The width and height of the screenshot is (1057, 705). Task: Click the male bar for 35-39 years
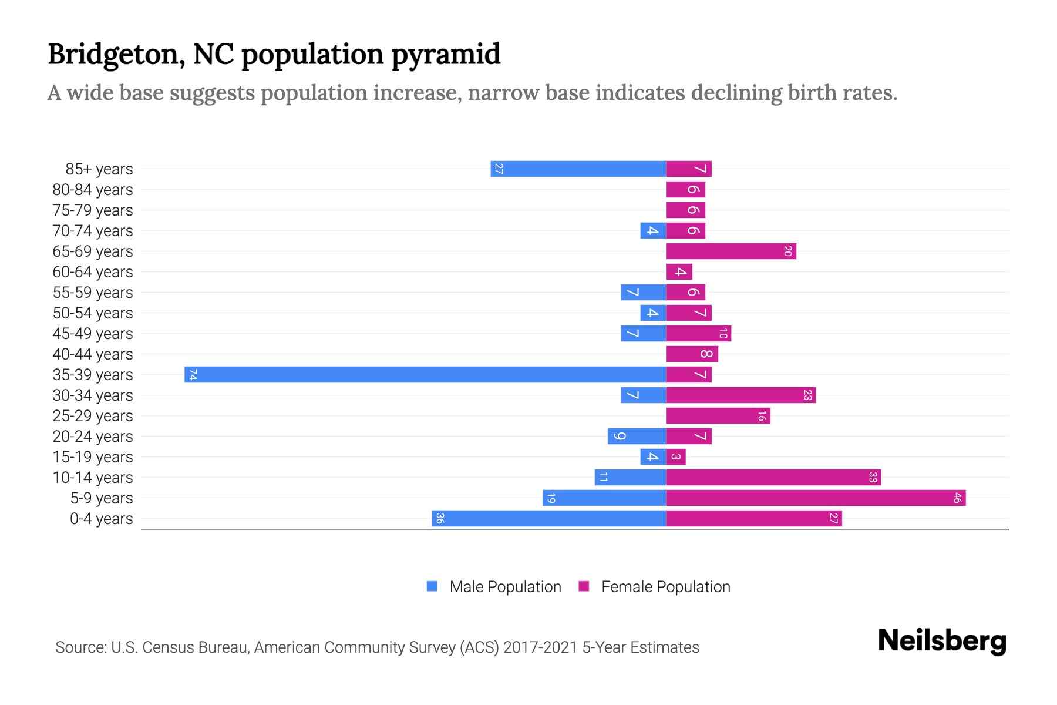point(425,375)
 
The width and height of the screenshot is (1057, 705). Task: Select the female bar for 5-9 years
point(816,498)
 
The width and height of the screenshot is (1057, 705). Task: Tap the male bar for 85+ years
point(578,169)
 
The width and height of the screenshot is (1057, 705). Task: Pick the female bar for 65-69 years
point(731,251)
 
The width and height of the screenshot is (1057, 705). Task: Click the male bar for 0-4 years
point(549,519)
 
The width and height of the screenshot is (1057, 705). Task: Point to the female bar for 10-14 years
point(773,478)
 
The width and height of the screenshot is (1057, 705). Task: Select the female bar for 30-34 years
point(741,395)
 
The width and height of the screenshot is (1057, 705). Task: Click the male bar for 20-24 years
point(637,437)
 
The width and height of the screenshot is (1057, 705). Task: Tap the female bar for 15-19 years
point(676,457)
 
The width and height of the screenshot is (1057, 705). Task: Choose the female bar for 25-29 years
point(718,416)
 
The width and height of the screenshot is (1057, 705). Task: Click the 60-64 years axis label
point(93,272)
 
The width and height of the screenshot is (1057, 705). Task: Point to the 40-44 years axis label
point(93,354)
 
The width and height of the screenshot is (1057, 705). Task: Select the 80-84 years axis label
point(93,190)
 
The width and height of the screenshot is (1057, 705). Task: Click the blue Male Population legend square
point(432,586)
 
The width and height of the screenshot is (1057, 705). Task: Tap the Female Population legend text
point(665,587)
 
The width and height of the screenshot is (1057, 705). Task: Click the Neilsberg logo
point(942,641)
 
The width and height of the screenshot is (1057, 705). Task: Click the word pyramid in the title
point(446,55)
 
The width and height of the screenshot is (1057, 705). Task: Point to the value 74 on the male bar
point(193,375)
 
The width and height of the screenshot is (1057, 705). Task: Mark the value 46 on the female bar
point(957,498)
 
